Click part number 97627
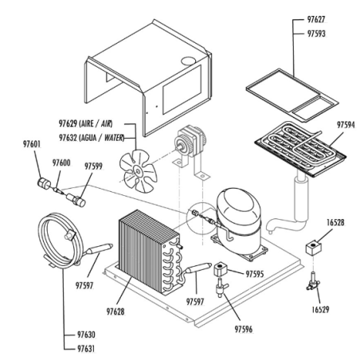pyautogui.click(x=316, y=19)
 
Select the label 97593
pyautogui.click(x=316, y=33)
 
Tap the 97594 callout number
pyautogui.click(x=346, y=125)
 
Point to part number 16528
pyautogui.click(x=335, y=222)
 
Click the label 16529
pyautogui.click(x=320, y=309)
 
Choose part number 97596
pyautogui.click(x=244, y=329)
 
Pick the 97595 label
pyautogui.click(x=255, y=274)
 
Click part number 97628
pyautogui.click(x=115, y=311)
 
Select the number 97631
pyautogui.click(x=86, y=349)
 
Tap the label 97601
pyautogui.click(x=32, y=144)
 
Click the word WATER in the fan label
pyautogui.click(x=114, y=138)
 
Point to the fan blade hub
pyautogui.click(x=138, y=170)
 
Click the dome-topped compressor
pyautogui.click(x=239, y=221)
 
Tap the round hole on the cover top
pyautogui.click(x=189, y=61)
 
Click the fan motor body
pyautogui.click(x=190, y=143)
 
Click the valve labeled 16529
pyautogui.click(x=313, y=283)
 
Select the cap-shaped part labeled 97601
pyautogui.click(x=43, y=183)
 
